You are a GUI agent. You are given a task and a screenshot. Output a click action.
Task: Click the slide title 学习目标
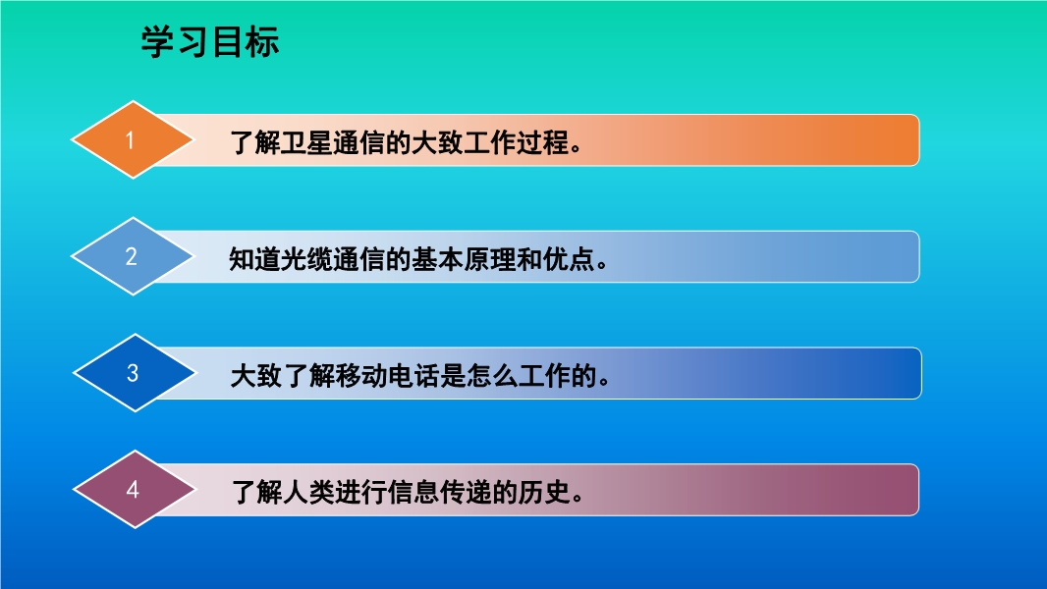209,42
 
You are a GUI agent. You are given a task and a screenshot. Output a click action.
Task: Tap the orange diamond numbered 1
133,140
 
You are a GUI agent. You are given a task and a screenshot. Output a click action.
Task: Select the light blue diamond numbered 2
133,256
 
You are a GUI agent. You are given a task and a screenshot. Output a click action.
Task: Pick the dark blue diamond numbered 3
135,373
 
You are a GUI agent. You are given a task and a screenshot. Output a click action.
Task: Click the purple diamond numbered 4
135,490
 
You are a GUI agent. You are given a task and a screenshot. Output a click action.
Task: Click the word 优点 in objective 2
569,259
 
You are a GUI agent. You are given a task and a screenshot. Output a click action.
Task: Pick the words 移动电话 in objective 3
387,376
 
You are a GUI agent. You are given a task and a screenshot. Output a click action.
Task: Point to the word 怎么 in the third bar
492,376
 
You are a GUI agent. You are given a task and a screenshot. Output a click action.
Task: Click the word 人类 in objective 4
308,492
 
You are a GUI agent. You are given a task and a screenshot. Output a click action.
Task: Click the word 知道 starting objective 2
254,259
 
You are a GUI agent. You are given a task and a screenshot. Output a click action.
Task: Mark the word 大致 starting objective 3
256,376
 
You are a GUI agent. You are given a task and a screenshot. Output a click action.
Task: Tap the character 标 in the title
262,42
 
